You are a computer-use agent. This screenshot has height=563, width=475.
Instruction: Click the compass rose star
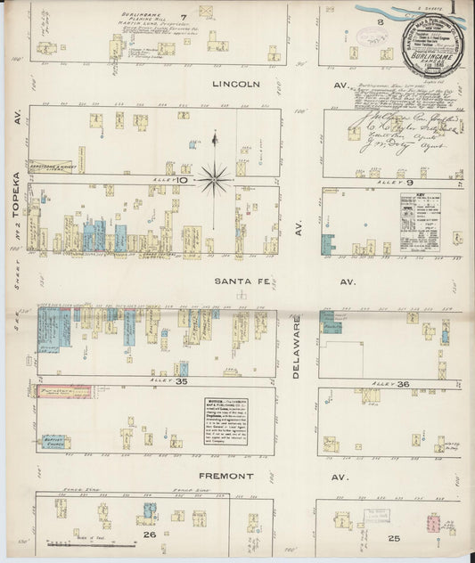click(x=214, y=179)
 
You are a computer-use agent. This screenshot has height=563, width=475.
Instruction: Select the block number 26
click(x=149, y=535)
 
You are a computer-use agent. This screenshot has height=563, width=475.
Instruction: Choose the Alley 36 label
click(x=389, y=383)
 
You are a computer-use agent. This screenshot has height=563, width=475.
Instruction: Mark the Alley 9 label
click(x=389, y=183)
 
